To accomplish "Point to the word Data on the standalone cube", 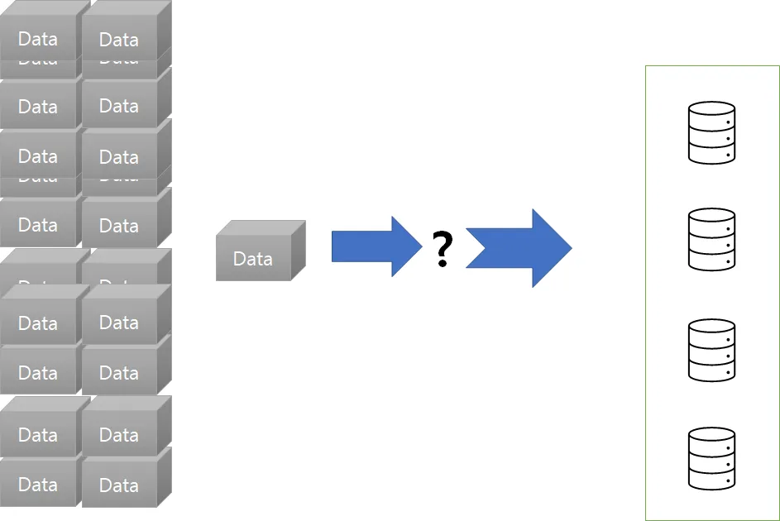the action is click(252, 259).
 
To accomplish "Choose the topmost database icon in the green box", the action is click(711, 132).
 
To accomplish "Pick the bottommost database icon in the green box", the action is click(711, 458).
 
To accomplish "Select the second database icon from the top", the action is click(711, 239).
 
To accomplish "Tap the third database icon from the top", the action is click(711, 350).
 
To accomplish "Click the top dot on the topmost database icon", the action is click(728, 122).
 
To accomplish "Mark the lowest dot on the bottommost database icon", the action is click(728, 480).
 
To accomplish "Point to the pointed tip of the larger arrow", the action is click(571, 248).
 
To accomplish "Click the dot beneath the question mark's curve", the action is click(443, 264).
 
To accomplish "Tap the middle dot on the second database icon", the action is click(728, 246).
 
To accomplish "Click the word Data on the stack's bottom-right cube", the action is click(119, 485).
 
